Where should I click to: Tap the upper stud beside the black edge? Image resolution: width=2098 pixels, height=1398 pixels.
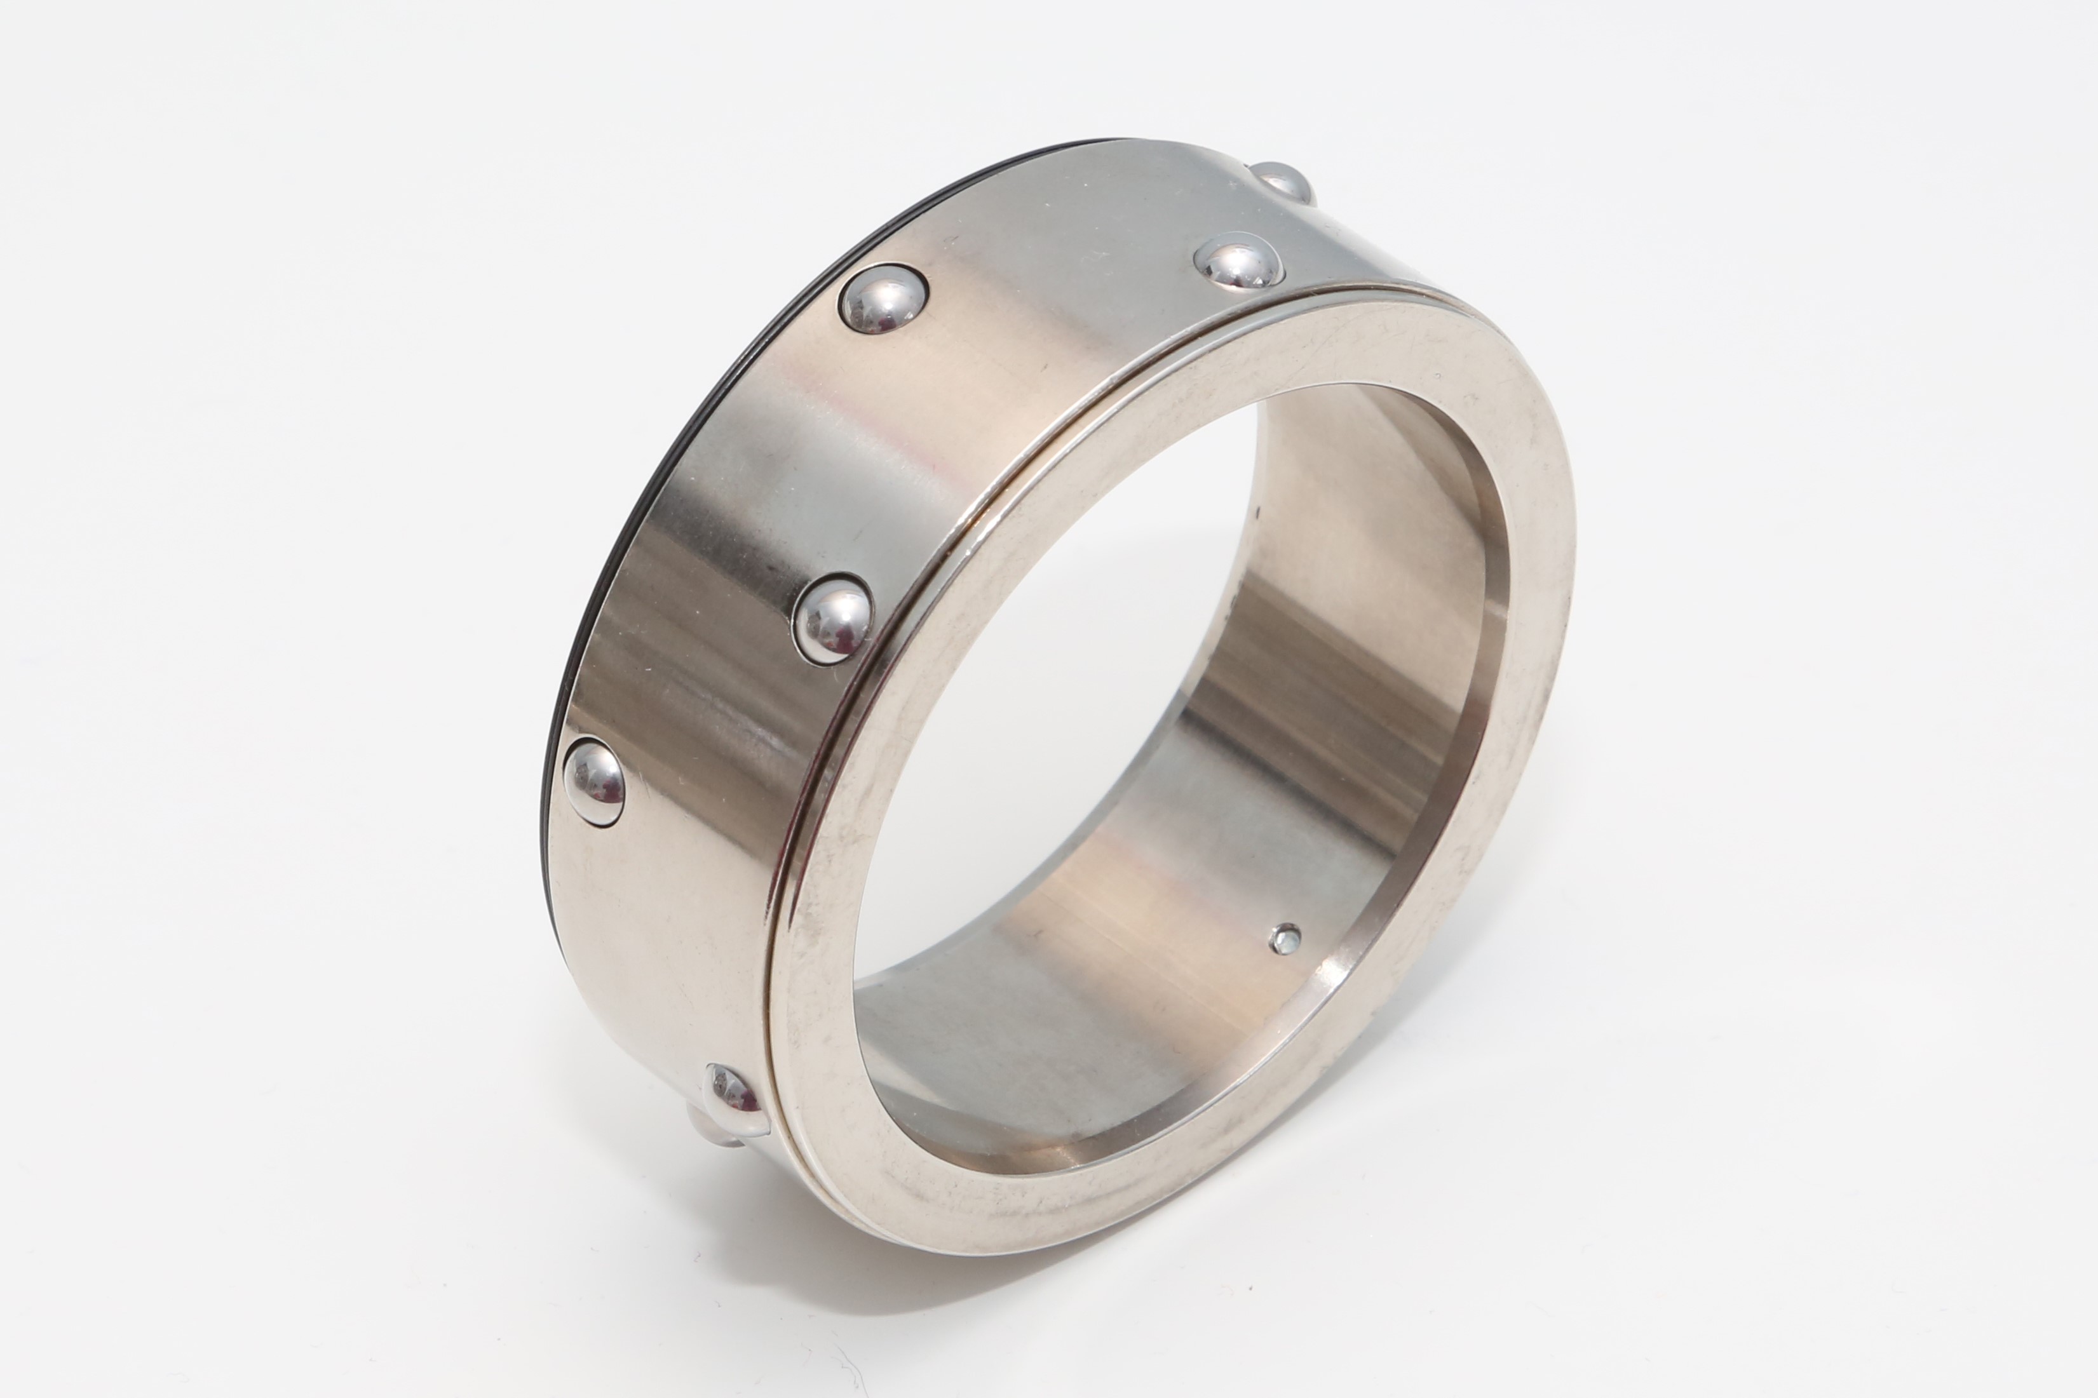pyautogui.click(x=883, y=299)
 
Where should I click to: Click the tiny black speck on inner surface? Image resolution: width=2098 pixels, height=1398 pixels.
pyautogui.click(x=1258, y=512)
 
